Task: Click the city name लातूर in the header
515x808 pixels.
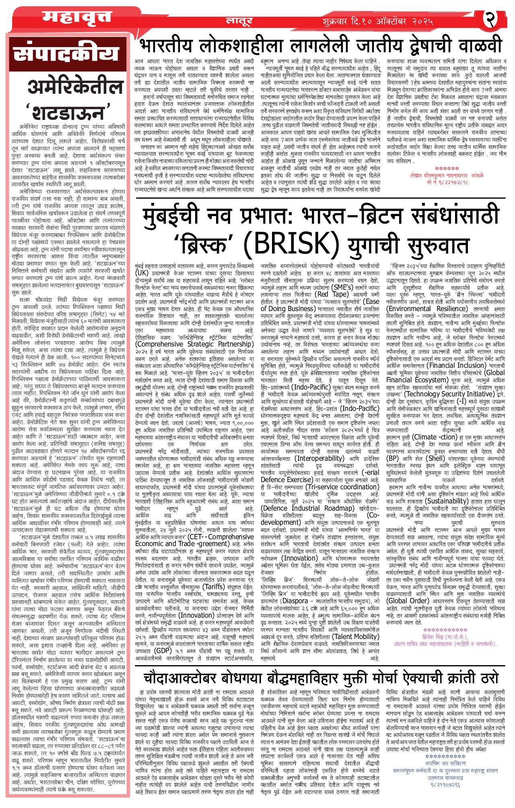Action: [x=239, y=21]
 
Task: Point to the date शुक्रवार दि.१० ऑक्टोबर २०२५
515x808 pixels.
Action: [x=378, y=21]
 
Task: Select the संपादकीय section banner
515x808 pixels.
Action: [x=67, y=54]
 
